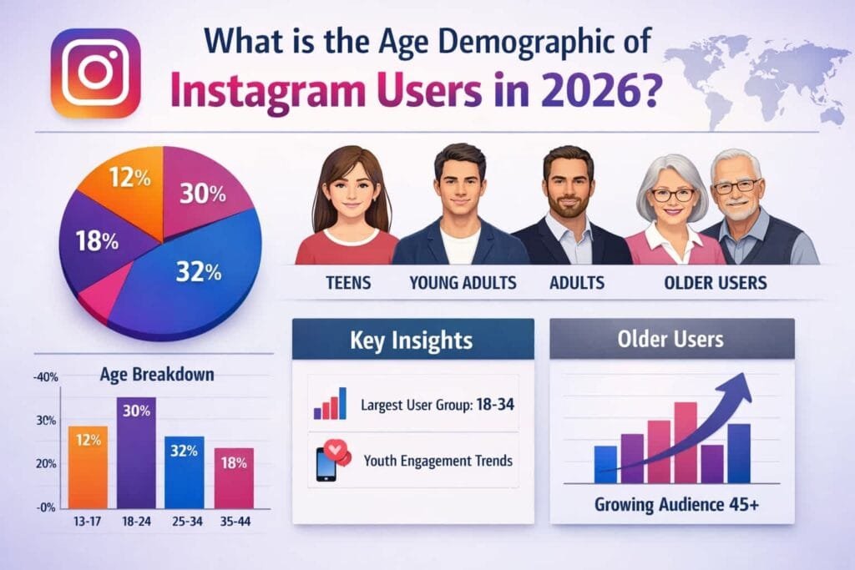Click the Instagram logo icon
(x=94, y=73)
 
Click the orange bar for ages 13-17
(x=88, y=467)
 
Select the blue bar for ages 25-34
(x=184, y=472)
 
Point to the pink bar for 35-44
(x=234, y=478)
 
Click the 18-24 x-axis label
(x=135, y=522)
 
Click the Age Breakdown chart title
(x=158, y=375)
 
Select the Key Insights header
(x=412, y=340)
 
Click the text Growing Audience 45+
(x=671, y=505)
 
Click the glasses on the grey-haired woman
(x=672, y=194)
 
